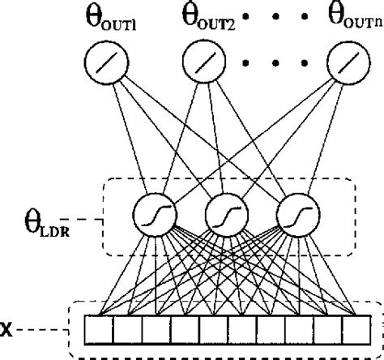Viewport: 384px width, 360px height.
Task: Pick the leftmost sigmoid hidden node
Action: pyautogui.click(x=152, y=215)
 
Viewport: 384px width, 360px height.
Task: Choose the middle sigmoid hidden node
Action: pyautogui.click(x=222, y=215)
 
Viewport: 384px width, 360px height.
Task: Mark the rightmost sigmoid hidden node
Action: pyautogui.click(x=292, y=215)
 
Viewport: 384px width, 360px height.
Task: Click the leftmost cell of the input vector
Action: pyautogui.click(x=98, y=330)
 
